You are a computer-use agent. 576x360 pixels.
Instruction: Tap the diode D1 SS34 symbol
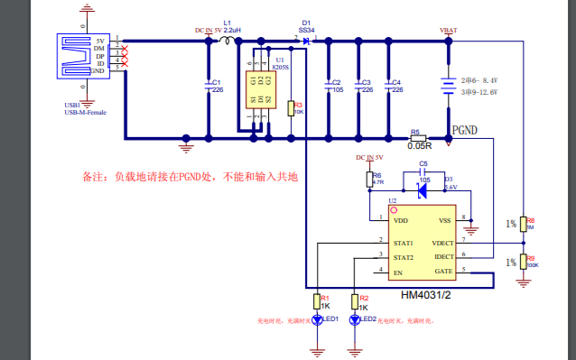coord(307,41)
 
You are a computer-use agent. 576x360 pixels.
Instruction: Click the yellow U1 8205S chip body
coord(260,90)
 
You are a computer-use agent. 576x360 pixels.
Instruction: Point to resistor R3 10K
coord(290,108)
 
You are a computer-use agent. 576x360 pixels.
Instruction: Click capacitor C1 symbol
coord(209,86)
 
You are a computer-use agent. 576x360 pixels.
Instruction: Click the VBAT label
coord(448,30)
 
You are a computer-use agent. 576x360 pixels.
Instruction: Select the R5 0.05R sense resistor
coord(419,137)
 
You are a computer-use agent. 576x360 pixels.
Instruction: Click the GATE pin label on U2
coord(442,270)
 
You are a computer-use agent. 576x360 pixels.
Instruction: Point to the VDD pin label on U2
coord(401,219)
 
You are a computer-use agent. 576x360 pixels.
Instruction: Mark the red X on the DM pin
coord(124,49)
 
